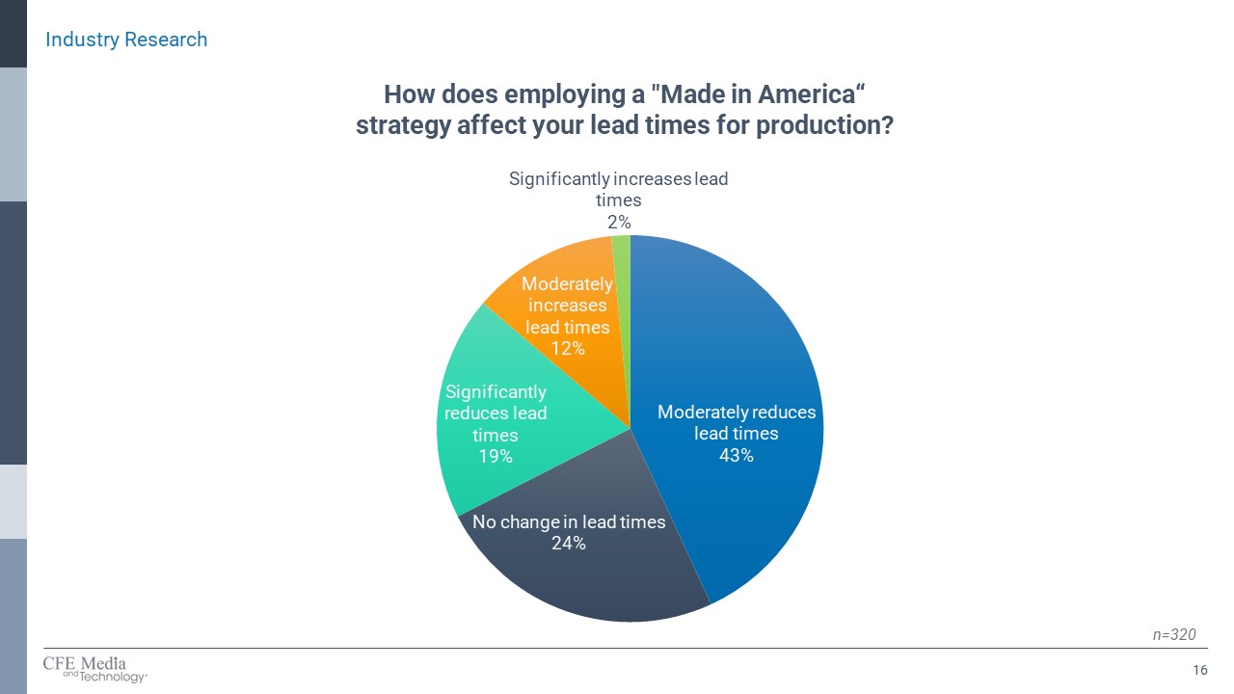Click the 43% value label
[736, 455]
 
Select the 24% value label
[569, 544]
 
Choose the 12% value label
[567, 348]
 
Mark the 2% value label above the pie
[618, 222]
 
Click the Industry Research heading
[126, 40]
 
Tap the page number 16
[1200, 670]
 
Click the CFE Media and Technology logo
[94, 668]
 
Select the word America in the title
[803, 94]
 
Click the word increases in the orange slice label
[567, 306]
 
